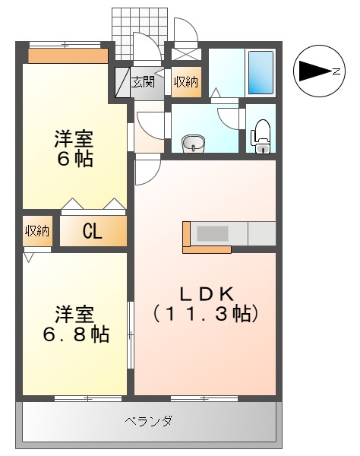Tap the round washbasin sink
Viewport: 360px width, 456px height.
194,141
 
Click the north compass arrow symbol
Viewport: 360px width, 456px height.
311,71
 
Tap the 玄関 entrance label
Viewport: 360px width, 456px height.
143,82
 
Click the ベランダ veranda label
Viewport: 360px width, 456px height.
148,420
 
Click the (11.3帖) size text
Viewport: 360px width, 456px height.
205,312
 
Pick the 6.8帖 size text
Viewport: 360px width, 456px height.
74,334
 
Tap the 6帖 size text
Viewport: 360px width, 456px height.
74,160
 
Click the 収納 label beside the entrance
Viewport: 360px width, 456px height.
185,82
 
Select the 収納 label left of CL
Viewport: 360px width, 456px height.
36,230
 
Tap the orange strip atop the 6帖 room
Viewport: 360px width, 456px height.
68,55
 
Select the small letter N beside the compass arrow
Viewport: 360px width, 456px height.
334,71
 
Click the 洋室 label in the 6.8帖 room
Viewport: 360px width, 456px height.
74,313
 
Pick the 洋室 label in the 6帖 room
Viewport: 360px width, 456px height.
74,140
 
